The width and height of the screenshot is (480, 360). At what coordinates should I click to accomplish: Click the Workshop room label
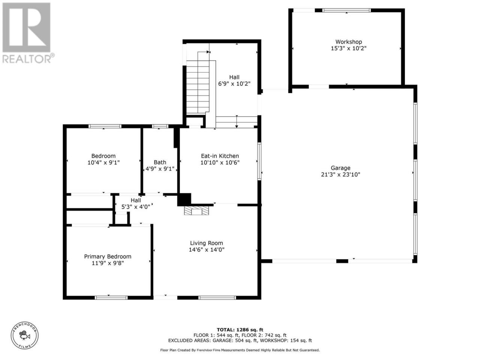[348, 42]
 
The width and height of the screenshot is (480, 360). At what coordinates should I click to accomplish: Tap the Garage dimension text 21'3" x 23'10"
[340, 174]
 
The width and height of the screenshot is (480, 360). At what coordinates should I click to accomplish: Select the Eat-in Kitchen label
[220, 156]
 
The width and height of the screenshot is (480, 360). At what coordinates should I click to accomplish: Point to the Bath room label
[160, 162]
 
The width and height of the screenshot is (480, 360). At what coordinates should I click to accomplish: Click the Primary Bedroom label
[108, 256]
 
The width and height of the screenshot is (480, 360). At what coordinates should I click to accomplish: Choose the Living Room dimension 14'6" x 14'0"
[206, 249]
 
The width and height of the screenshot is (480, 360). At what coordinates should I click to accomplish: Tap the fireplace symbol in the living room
[196, 210]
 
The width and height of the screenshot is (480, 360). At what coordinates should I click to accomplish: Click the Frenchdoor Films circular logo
[24, 335]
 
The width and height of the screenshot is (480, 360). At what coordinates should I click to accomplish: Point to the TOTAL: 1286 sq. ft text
[240, 330]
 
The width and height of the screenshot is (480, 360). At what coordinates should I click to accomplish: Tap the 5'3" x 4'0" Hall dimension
[136, 207]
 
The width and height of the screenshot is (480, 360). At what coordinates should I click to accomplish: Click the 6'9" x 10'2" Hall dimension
[234, 84]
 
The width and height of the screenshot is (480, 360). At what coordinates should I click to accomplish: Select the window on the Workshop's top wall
[346, 10]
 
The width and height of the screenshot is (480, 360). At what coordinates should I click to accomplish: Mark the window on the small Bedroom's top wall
[105, 126]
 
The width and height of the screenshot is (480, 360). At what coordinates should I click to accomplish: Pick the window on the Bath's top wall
[160, 126]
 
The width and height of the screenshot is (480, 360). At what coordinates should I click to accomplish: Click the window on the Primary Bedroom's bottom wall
[111, 297]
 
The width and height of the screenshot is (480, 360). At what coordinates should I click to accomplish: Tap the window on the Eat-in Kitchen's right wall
[259, 161]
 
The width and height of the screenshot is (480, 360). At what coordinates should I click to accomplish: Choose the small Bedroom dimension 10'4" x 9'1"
[103, 162]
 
